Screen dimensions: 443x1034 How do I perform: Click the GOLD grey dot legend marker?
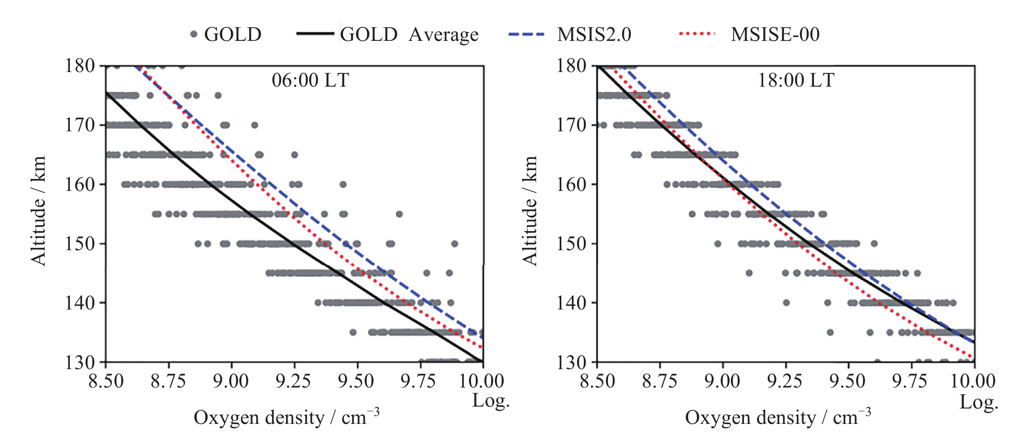click(194, 34)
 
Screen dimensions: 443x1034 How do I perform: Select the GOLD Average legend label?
click(409, 35)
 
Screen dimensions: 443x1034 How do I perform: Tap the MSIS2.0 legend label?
click(594, 35)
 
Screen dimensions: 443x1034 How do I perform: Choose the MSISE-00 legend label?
click(775, 35)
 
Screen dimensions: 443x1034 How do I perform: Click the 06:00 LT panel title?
click(310, 80)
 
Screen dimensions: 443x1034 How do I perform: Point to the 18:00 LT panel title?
click(796, 80)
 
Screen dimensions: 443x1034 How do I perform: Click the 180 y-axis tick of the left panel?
click(80, 66)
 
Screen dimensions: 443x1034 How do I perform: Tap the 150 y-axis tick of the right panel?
click(571, 243)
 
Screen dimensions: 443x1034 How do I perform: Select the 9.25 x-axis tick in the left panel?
click(293, 381)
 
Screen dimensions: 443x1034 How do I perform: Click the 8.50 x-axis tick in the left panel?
click(106, 381)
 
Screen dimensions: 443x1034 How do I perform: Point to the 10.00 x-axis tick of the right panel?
click(973, 381)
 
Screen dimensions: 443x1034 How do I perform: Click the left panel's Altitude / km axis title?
click(39, 211)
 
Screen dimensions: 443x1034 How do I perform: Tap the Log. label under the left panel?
click(490, 400)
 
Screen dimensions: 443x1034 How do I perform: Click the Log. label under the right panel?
click(978, 402)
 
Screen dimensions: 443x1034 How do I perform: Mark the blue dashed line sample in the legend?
click(526, 34)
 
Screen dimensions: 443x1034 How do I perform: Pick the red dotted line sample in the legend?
click(697, 34)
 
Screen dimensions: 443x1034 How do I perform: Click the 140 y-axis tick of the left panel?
click(80, 303)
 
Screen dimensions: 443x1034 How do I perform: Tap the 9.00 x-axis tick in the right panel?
click(722, 381)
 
